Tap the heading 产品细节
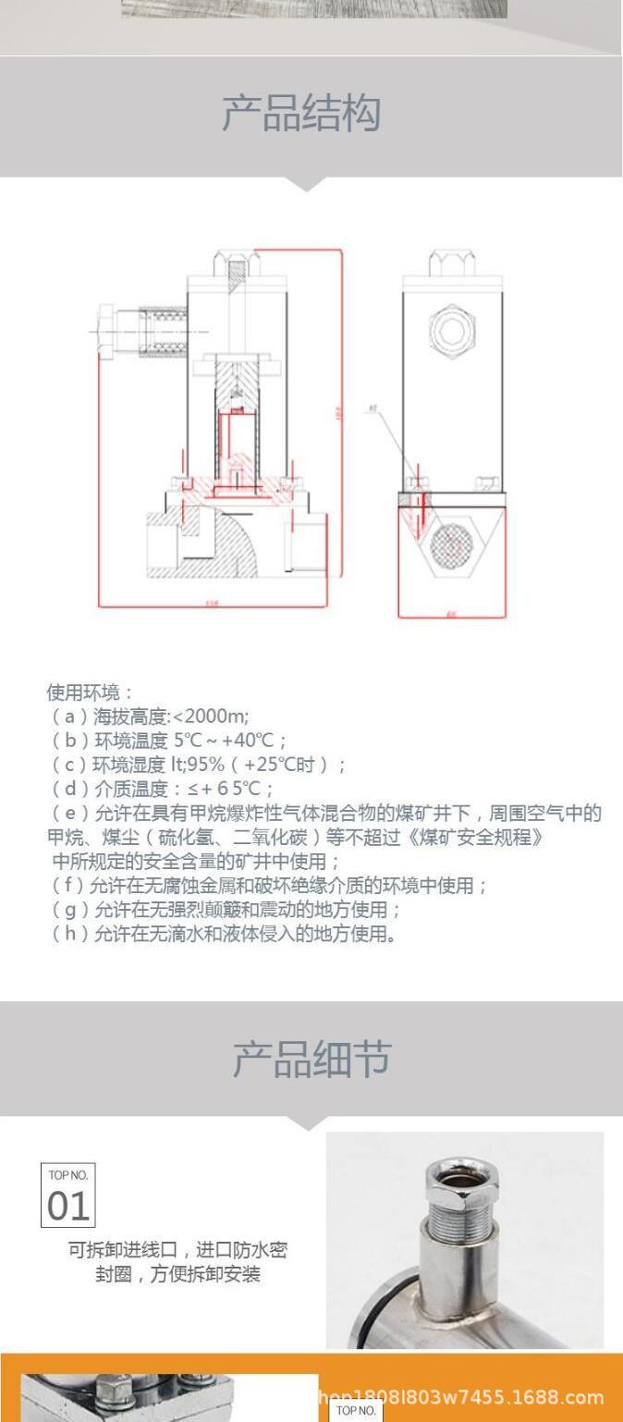[311, 1060]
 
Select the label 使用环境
[90, 693]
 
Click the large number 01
[67, 1207]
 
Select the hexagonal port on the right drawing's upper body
[452, 328]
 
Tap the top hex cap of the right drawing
[452, 263]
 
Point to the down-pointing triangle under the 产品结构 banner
[309, 184]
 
